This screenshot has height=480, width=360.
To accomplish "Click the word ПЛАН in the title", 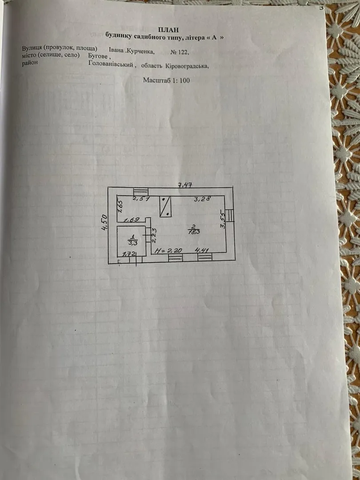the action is point(168,30).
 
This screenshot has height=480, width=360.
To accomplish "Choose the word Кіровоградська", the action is point(187,66).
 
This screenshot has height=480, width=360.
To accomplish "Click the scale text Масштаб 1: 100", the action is point(167,80).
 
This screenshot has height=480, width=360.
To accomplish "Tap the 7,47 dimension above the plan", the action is point(185,184).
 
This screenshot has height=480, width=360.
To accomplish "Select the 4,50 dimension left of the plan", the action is point(104,222).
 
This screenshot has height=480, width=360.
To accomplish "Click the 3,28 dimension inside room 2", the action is point(202,199).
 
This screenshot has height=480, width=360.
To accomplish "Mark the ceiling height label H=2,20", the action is point(168,251).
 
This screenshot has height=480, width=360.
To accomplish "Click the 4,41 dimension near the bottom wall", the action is point(202,250).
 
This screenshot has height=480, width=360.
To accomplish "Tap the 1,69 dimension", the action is point(132,220).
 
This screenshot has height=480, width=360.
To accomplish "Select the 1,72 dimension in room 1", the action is point(129,254).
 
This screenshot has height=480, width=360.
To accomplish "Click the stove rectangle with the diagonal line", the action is point(165,207).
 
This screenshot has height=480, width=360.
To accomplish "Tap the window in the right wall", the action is point(230,215).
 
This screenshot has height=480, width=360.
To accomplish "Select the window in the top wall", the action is point(141,191).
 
